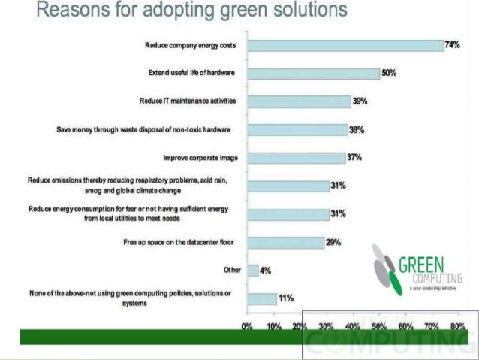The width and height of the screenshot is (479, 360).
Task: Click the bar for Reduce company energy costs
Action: tap(345, 46)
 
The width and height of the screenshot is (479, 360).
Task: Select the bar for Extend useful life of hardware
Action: tap(314, 74)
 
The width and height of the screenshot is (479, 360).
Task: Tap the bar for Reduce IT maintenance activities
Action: tap(299, 101)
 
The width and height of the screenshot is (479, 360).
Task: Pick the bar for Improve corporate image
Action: tap(297, 158)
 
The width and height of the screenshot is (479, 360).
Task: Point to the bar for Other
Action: tap(253, 270)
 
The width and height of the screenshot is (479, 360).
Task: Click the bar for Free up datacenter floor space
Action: tap(285, 243)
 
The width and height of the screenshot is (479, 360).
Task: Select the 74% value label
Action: tap(452, 46)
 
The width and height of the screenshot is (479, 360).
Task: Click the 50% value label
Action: tap(389, 74)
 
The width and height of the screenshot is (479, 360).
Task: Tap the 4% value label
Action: tap(266, 270)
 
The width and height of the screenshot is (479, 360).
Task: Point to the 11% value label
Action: tap(286, 298)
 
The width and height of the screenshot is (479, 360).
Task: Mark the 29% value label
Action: tap(334, 243)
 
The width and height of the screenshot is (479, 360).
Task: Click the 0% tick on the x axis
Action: tap(246, 328)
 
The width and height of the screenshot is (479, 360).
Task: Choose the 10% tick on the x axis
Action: tap(273, 328)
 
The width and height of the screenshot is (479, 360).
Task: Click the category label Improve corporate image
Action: tap(200, 158)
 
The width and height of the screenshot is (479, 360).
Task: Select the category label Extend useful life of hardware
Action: tap(192, 74)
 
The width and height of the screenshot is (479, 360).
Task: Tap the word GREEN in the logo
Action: tap(422, 265)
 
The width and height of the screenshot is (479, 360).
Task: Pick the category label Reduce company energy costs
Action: tap(191, 46)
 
